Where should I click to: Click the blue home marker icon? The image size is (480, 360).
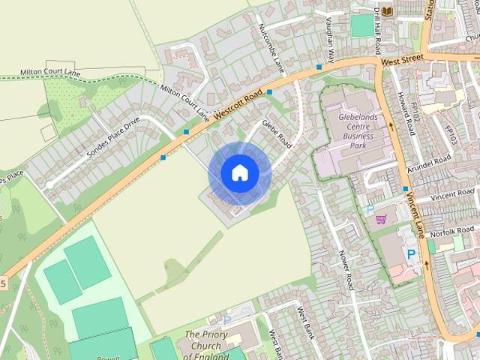[239, 172]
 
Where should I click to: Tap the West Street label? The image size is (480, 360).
[402, 58]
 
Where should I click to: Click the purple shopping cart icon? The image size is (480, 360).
[381, 219]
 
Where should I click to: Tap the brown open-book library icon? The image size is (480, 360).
[387, 11]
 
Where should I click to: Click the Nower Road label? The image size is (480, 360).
[346, 269]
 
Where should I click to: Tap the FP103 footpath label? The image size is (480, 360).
[451, 135]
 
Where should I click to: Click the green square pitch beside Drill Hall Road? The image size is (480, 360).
[361, 25]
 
